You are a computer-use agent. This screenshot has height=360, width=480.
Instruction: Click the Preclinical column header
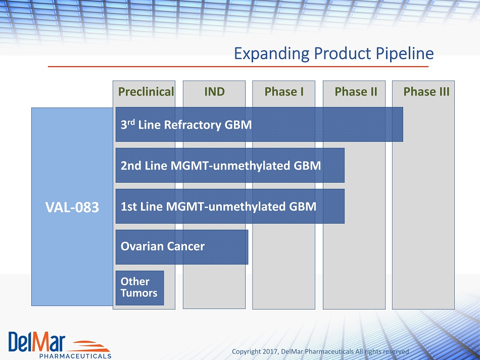click(146, 92)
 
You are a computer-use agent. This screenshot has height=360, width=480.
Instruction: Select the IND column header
click(215, 91)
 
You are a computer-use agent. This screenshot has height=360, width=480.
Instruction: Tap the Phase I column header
click(284, 91)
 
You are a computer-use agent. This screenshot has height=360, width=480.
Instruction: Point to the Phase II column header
click(356, 91)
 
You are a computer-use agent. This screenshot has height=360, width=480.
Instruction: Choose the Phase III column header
click(426, 91)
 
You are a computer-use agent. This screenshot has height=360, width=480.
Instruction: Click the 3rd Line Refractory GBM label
click(186, 125)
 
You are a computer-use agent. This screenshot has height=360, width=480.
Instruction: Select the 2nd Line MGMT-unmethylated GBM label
click(221, 166)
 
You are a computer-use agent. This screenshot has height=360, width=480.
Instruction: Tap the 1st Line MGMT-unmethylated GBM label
click(219, 207)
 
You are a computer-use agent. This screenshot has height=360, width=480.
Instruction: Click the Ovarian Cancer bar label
click(163, 246)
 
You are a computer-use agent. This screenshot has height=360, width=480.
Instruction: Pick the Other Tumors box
click(140, 288)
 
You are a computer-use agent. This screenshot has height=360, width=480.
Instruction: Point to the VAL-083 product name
click(72, 207)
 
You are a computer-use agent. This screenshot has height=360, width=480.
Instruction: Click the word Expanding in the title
click(271, 54)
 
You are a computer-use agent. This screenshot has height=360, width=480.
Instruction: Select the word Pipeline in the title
click(405, 54)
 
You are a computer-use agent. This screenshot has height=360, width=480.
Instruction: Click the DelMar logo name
click(37, 342)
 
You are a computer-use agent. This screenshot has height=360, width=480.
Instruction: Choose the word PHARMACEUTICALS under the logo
click(75, 356)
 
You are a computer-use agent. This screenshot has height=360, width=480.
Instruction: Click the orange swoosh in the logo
click(89, 346)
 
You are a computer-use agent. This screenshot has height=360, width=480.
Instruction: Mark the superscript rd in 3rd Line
click(131, 122)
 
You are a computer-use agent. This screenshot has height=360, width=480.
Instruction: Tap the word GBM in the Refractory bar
click(238, 125)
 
